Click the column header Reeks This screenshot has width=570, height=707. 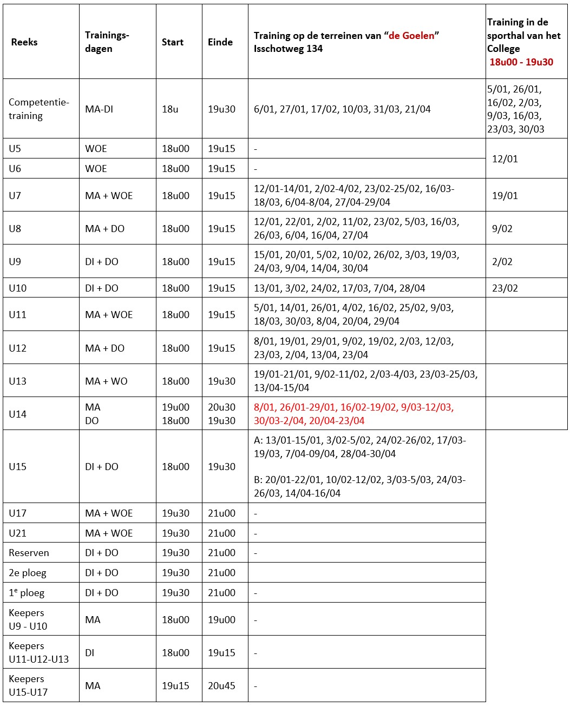coord(24,42)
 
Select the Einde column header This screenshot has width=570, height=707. coord(220,42)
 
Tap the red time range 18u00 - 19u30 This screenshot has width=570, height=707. coord(521,62)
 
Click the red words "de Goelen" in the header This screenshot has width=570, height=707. coord(411,36)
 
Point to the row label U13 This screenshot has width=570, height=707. coord(17,381)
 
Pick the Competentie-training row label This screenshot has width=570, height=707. coord(39,109)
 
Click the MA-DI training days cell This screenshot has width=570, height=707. coord(99,109)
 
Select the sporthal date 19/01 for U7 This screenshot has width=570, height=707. coord(505,196)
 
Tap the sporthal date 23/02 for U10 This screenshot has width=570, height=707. coord(505,288)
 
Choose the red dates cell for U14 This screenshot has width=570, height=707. coord(354,414)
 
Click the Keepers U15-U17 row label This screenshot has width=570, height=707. coord(28,685)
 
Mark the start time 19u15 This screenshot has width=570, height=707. coord(175,685)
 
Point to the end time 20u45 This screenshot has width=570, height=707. coord(221,685)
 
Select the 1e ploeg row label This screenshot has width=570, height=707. coord(27,593)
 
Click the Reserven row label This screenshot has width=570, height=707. coord(29,553)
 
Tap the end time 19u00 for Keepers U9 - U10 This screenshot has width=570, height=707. coord(221,619)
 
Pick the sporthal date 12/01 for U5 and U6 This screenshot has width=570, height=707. coord(505,159)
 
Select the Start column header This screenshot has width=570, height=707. coord(173,42)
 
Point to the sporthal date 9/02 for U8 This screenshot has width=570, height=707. coord(502,229)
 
